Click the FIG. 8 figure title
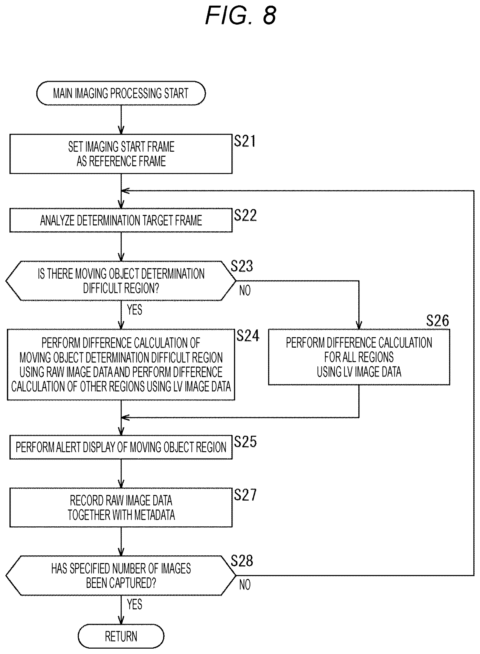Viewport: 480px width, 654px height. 241,15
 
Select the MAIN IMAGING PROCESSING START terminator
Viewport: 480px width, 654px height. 121,93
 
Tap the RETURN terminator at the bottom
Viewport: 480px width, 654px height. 121,637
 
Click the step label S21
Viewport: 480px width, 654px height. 245,141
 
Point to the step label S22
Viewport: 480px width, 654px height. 245,215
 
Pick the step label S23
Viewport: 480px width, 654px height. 242,266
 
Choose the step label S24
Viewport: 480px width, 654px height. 248,336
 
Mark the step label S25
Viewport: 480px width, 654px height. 245,442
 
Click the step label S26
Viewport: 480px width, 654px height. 438,321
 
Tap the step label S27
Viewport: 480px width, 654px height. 245,495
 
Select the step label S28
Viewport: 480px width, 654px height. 242,560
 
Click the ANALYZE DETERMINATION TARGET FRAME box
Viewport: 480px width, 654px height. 121,220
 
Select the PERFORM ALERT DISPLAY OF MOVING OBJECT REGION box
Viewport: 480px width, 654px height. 121,447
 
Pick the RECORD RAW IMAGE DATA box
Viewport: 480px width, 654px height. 121,507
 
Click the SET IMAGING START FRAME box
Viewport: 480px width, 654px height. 121,154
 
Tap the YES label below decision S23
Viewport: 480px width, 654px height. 134,310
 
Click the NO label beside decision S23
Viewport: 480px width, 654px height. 245,290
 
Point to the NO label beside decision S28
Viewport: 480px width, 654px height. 245,585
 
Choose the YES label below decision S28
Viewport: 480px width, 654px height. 134,605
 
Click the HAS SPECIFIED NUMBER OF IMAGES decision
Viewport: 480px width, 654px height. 121,576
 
